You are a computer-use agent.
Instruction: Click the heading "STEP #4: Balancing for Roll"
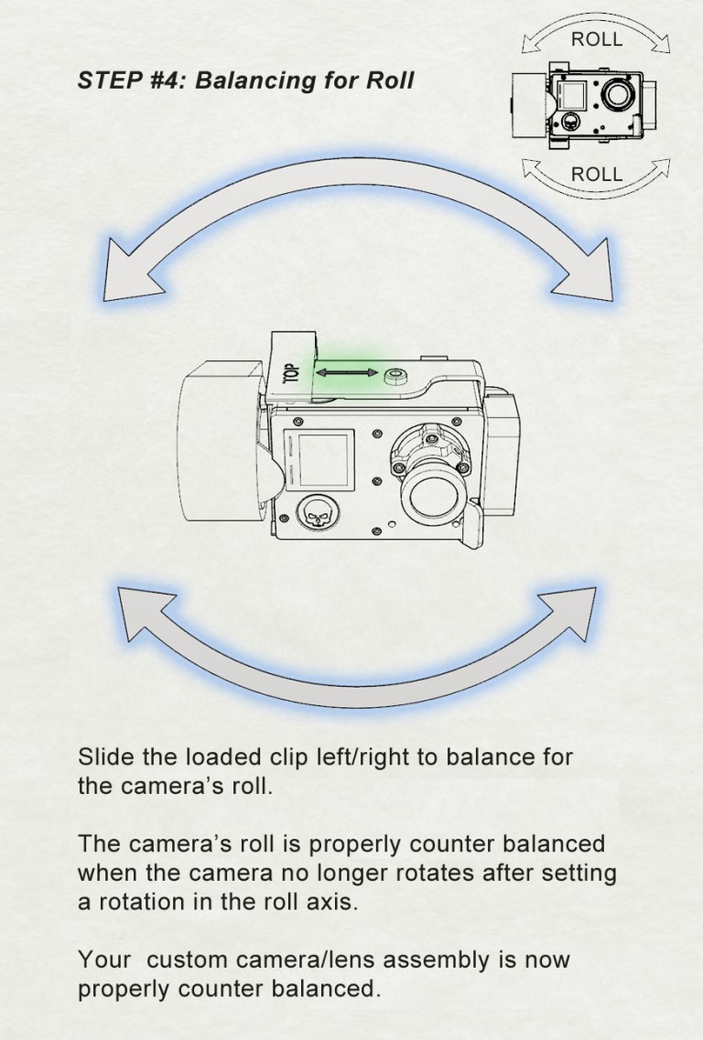click(x=245, y=80)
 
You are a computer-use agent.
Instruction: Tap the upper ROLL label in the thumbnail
click(x=597, y=40)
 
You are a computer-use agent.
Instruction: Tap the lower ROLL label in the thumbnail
click(x=597, y=175)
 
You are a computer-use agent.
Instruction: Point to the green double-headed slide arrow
click(x=347, y=373)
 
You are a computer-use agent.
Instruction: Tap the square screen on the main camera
click(x=319, y=460)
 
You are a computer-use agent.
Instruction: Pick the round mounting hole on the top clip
click(x=396, y=376)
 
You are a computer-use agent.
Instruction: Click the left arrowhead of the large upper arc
click(x=133, y=270)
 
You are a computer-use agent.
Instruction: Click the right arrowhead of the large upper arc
click(x=584, y=271)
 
